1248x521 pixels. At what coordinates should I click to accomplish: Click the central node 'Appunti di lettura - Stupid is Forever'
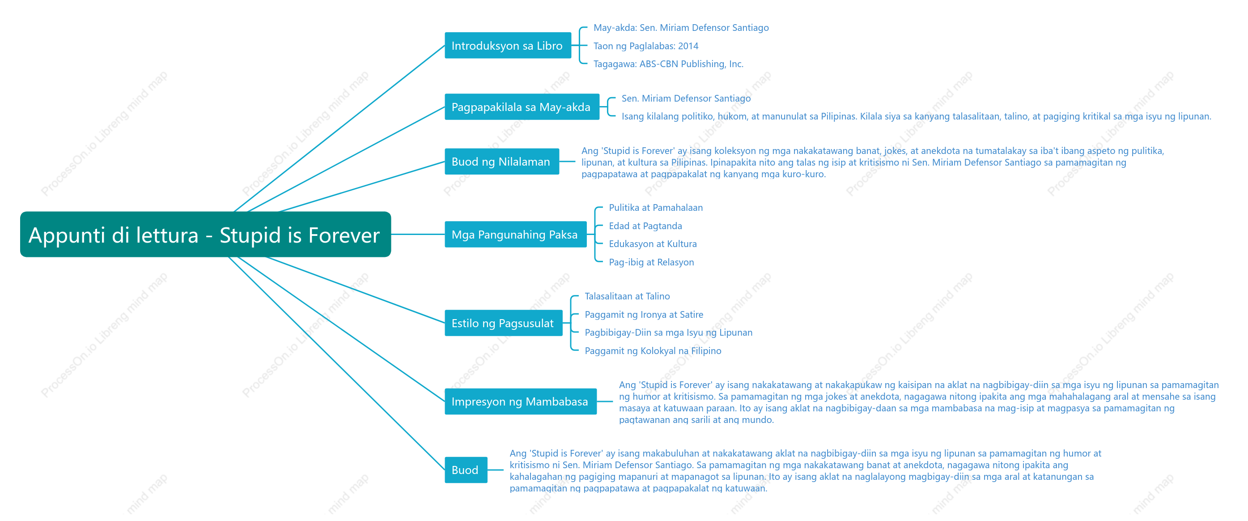(205, 235)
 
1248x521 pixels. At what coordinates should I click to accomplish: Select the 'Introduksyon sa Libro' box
(508, 46)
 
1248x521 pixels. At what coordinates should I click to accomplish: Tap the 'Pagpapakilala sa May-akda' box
(522, 107)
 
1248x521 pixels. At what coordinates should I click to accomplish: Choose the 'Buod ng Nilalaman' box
(501, 162)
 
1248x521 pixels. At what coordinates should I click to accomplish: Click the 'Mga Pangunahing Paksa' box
(515, 235)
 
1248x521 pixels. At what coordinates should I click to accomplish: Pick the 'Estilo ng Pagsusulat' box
(503, 323)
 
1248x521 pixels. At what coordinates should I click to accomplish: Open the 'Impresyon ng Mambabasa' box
(520, 401)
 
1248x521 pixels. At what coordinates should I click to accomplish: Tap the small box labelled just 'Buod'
(466, 470)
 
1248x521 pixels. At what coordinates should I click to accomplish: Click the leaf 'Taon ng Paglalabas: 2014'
(646, 46)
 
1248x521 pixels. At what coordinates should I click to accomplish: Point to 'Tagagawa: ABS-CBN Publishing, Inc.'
(668, 64)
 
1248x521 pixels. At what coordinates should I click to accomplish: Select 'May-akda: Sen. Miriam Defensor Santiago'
(681, 28)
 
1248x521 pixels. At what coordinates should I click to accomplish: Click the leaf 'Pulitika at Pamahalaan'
(655, 207)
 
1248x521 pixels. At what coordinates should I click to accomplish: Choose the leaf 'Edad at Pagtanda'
(645, 226)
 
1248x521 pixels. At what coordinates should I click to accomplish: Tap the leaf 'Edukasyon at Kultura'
(653, 244)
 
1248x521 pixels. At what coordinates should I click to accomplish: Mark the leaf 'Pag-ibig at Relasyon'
(651, 262)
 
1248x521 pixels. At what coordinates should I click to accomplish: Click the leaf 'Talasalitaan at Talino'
(627, 296)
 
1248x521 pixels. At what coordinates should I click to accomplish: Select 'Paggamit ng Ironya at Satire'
(644, 315)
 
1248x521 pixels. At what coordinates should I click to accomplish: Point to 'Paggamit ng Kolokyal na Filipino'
(653, 351)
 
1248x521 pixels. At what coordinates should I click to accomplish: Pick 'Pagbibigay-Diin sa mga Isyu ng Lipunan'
(668, 333)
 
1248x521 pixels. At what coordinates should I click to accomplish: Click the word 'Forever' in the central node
(344, 235)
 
